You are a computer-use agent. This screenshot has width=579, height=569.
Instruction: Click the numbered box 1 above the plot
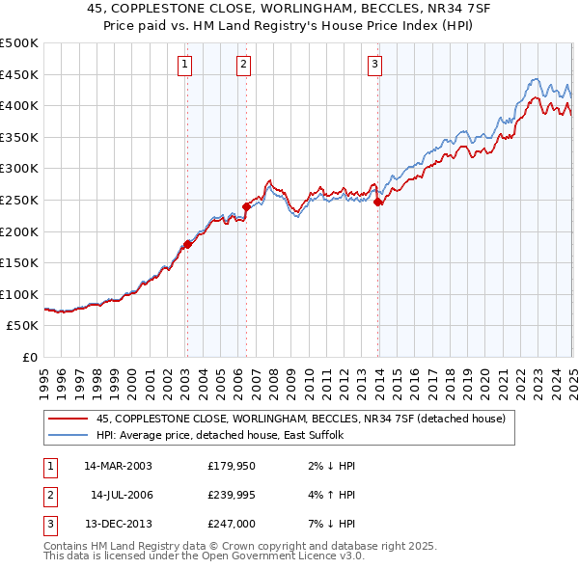[x=183, y=65]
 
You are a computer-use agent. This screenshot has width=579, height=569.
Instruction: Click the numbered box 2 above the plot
[x=243, y=65]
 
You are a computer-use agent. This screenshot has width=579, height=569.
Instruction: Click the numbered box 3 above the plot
[x=374, y=65]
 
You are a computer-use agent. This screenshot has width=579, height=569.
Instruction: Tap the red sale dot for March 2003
[x=188, y=243]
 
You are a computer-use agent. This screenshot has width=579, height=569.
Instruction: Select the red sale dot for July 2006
[x=247, y=205]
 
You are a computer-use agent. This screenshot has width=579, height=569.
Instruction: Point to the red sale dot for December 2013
[x=377, y=202]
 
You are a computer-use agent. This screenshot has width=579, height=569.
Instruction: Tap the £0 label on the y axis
[x=30, y=357]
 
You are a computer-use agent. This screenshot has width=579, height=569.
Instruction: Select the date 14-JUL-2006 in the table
[x=121, y=494]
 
